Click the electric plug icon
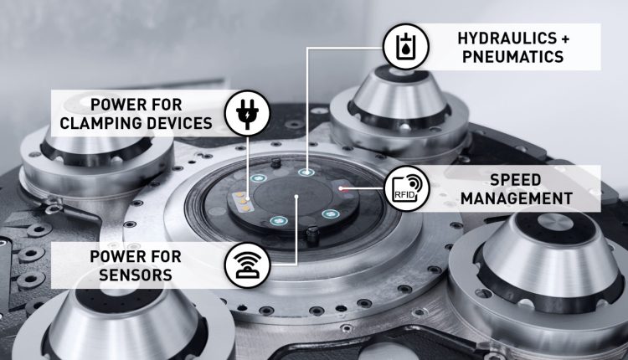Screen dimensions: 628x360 [248, 113]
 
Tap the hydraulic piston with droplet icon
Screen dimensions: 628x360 [406, 46]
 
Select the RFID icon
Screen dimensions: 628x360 [406, 188]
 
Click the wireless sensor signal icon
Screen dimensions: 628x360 [248, 265]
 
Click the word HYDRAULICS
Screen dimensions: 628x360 [507, 39]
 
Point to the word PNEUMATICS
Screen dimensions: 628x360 [513, 56]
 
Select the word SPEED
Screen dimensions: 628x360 [516, 180]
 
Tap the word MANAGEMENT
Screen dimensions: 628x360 [517, 198]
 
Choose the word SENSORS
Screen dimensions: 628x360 [136, 275]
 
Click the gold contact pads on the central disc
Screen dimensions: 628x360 [241, 202]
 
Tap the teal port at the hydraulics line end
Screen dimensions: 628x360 [306, 172]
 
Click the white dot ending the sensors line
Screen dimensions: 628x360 [296, 197]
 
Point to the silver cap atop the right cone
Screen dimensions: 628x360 [555, 223]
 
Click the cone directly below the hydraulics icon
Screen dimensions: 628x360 [399, 97]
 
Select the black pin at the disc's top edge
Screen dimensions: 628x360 [275, 162]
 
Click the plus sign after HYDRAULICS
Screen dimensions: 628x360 [564, 39]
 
